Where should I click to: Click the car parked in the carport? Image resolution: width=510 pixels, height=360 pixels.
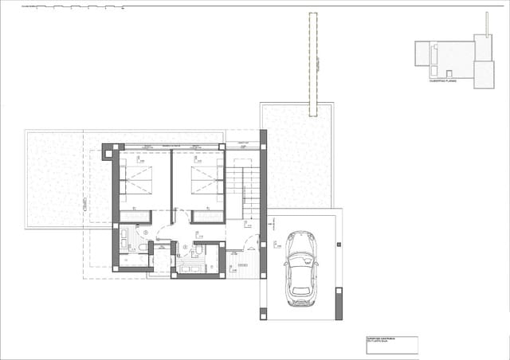coord(300,268)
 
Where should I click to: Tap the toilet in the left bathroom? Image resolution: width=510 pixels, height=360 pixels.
coord(142,248)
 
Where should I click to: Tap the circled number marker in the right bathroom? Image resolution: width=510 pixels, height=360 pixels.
coord(185,245)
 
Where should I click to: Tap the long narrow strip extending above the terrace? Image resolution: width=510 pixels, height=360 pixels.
coord(314,64)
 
